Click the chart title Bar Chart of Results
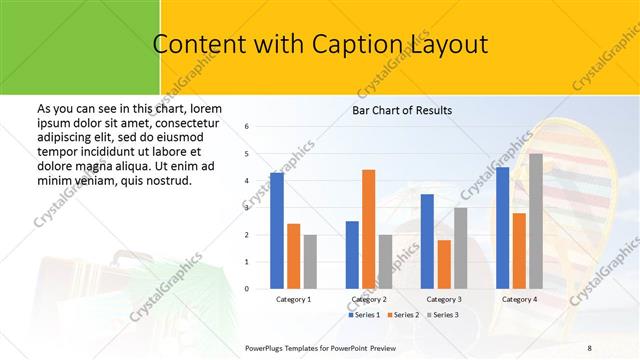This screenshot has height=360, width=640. tap(401, 110)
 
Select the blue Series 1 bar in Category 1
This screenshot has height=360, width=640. tap(277, 231)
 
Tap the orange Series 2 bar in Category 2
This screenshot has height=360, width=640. tap(368, 229)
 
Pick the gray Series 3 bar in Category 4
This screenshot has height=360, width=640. tap(536, 221)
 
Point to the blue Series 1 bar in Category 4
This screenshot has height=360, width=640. tap(502, 228)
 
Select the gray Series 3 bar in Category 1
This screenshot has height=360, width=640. tap(310, 262)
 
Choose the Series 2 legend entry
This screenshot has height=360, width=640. tap(404, 315)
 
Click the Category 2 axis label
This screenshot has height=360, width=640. tap(368, 299)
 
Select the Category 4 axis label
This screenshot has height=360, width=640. tap(519, 299)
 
